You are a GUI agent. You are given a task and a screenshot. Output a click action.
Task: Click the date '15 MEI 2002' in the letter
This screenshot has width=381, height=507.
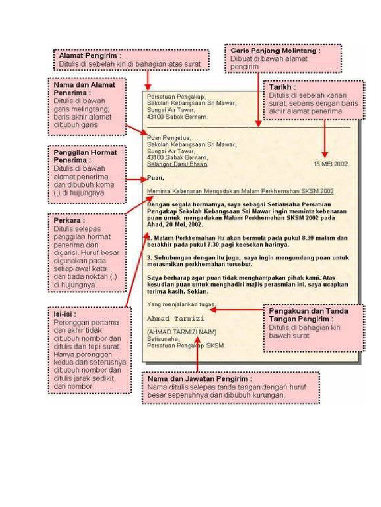(331, 164)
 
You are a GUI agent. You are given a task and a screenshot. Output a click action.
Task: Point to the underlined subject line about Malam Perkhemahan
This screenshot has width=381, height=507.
(241, 191)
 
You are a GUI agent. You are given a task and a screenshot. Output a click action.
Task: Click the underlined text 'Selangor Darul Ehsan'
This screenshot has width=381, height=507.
(177, 164)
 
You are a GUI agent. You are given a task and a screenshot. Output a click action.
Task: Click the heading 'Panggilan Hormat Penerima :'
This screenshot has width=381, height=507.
(85, 156)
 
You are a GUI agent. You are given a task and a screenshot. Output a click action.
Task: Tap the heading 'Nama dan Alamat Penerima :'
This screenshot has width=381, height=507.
(84, 88)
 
